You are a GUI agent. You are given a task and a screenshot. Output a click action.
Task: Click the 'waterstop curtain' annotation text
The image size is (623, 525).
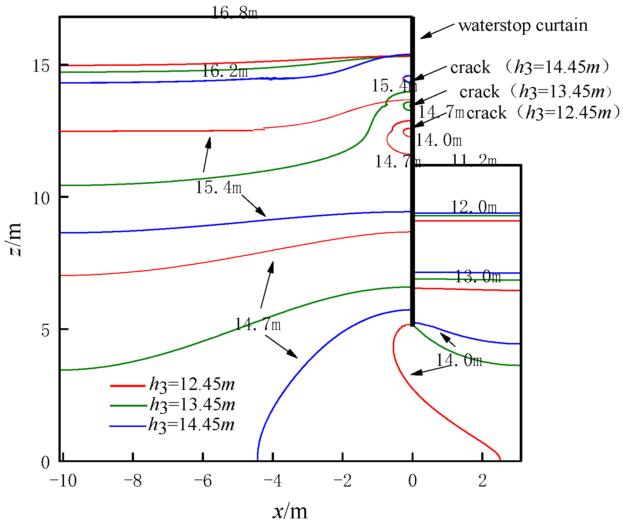coord(522,26)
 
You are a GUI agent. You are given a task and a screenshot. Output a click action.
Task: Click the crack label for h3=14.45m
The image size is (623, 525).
coord(529,67)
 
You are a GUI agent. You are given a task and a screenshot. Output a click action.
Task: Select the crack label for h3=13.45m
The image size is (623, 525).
coord(536,91)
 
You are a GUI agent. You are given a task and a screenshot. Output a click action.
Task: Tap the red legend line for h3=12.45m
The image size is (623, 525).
coord(128,386)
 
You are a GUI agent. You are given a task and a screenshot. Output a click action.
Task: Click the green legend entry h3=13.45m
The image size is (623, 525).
coord(192,404)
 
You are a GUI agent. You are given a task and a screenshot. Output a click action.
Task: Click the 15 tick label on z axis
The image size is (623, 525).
coord(41,66)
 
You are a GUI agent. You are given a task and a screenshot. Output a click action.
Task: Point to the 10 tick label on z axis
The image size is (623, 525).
coord(41,199)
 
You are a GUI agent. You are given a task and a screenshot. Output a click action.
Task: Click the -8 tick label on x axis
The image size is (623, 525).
coord(133,481)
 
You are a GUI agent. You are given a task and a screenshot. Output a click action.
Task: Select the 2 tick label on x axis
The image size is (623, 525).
coord(482,481)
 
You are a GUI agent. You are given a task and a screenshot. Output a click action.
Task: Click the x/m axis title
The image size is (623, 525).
coord(290,511)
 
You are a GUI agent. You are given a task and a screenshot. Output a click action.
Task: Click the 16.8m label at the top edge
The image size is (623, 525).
coord(234,13)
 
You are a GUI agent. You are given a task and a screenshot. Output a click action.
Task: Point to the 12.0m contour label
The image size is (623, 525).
coord(474,207)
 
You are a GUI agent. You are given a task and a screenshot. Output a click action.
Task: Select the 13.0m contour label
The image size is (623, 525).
coord(478,277)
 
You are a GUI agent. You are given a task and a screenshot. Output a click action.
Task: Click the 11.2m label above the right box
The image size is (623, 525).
coord(474,161)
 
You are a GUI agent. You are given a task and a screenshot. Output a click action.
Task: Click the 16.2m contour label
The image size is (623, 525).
coord(224,71)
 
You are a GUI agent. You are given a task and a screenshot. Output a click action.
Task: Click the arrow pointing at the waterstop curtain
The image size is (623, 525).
coord(437,31)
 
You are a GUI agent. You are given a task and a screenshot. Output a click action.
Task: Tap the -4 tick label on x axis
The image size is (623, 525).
coord(273,481)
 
